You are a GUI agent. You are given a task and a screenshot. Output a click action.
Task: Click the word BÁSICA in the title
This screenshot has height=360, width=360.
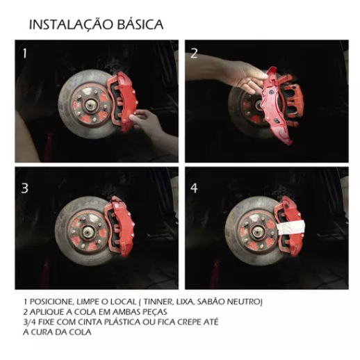click(140, 24)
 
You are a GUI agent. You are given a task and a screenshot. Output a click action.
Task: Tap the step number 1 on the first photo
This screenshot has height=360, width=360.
click(25, 54)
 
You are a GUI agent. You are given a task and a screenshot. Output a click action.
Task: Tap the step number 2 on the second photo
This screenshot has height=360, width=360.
click(194, 54)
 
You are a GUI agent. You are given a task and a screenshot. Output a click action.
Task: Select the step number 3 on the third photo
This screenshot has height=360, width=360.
click(24, 188)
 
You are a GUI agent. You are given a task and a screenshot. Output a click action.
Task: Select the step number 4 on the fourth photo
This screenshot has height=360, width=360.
click(194, 188)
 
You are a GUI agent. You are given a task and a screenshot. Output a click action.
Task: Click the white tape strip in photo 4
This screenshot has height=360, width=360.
click(291, 227)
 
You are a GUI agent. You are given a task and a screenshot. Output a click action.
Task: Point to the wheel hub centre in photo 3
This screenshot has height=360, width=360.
click(87, 231)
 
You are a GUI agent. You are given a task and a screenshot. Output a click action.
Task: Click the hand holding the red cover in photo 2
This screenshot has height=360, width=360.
click(241, 75)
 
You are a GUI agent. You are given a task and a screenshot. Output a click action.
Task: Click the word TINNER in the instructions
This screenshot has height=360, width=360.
click(158, 302)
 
